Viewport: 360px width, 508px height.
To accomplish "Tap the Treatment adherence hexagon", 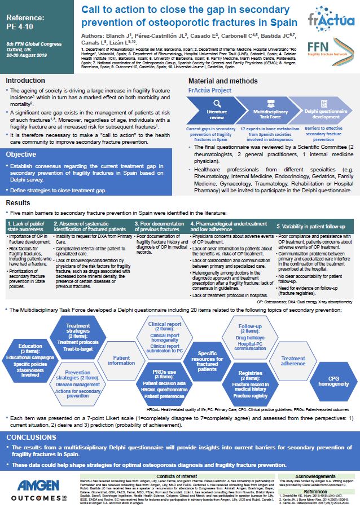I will [293, 361].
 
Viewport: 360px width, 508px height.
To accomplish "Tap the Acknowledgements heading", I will [320, 476].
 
